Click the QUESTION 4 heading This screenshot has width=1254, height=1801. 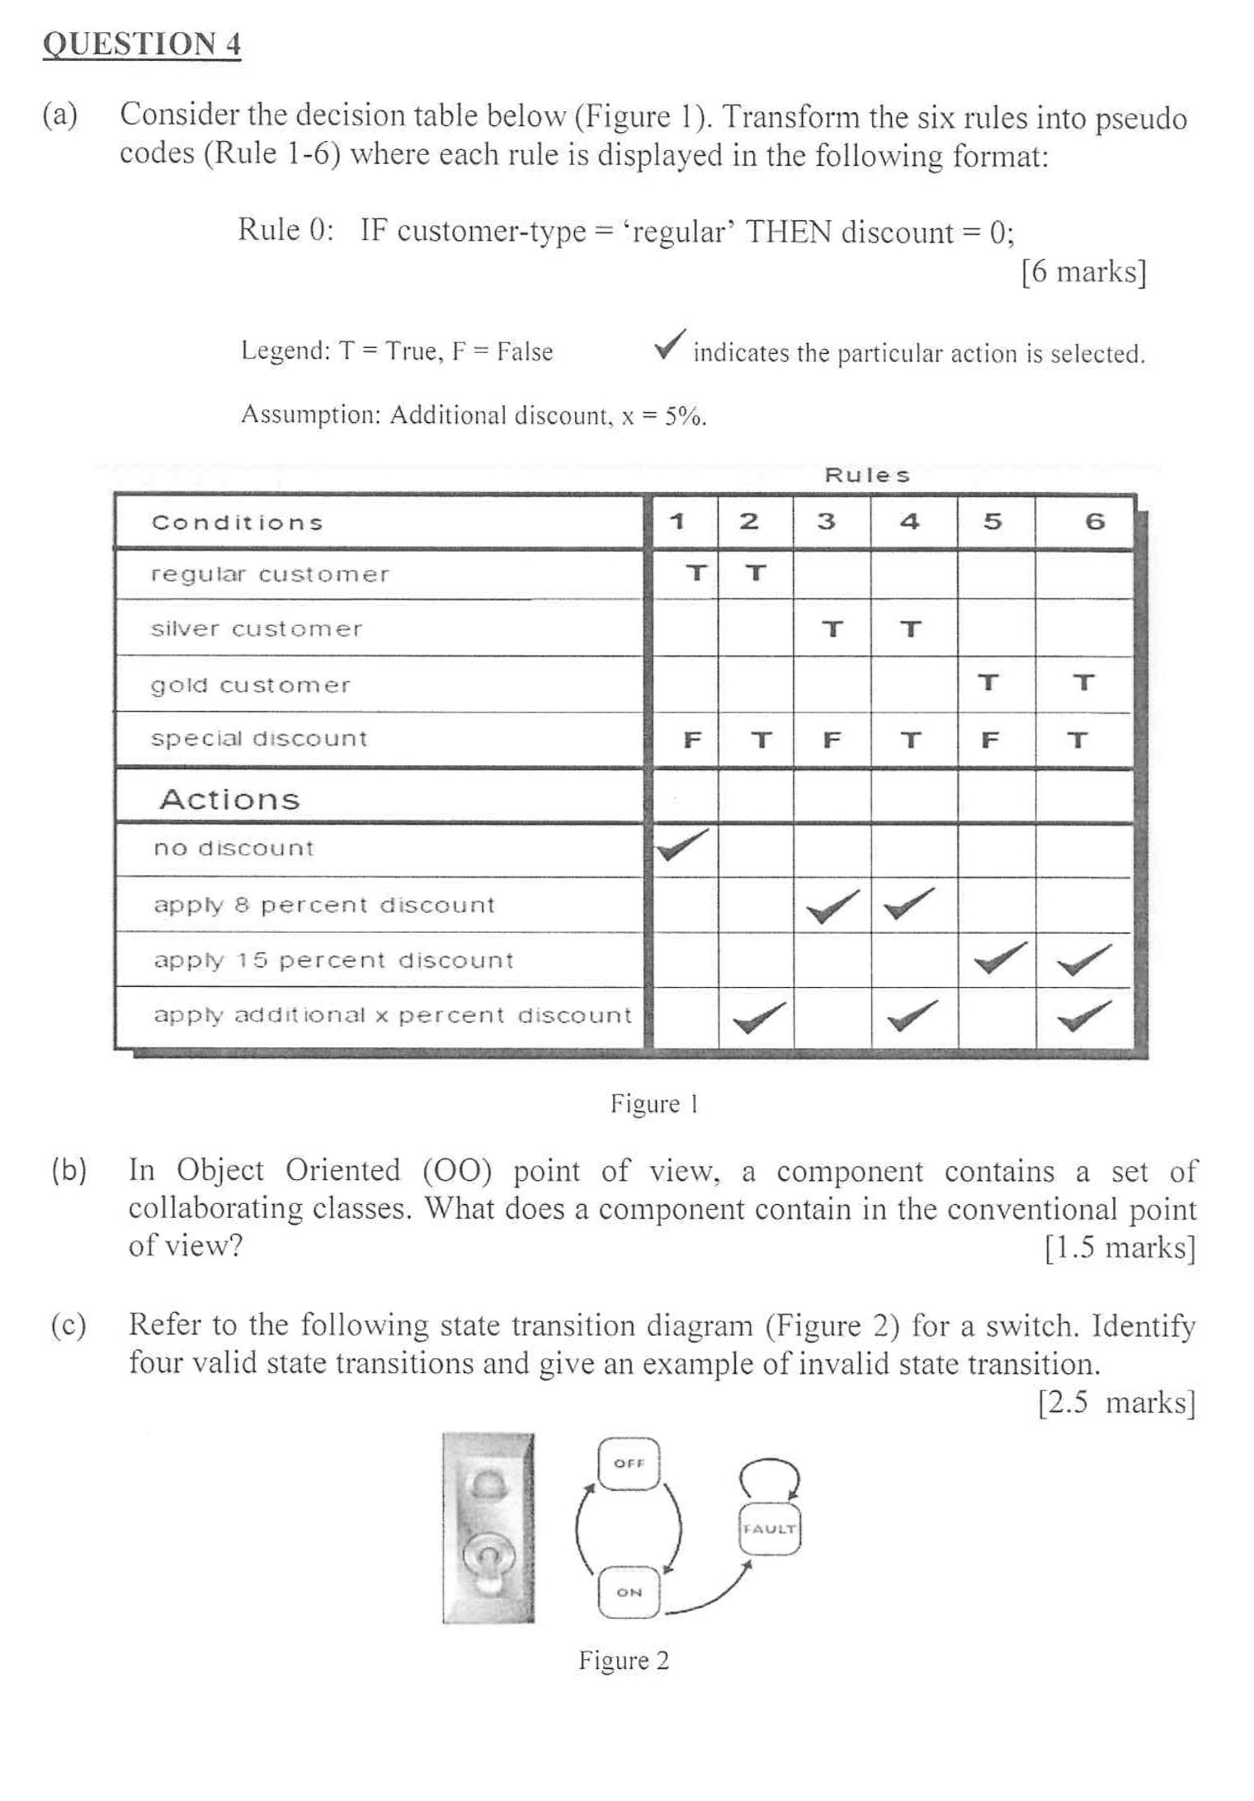[x=141, y=44]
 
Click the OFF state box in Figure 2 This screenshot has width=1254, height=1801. [x=629, y=1464]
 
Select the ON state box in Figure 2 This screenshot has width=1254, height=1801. [x=629, y=1592]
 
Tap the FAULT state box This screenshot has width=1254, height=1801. [x=769, y=1529]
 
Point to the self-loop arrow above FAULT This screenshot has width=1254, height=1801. [x=769, y=1476]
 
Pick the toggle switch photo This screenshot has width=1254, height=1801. [x=488, y=1527]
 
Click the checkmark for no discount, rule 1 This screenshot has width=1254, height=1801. [x=682, y=844]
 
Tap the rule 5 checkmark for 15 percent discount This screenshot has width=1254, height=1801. [x=1000, y=958]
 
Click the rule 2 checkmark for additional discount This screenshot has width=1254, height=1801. [x=758, y=1016]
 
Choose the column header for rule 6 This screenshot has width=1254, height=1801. [x=1095, y=521]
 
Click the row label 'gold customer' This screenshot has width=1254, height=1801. [x=250, y=685]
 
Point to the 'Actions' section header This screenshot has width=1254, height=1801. [x=229, y=799]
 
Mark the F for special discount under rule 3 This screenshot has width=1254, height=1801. [x=832, y=741]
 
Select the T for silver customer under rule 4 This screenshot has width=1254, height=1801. [x=910, y=630]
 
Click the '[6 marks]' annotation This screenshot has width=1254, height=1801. [x=1083, y=271]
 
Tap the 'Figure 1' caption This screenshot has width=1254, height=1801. [x=654, y=1103]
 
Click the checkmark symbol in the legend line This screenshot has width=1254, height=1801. [x=670, y=345]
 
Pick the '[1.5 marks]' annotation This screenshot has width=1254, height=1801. [x=1120, y=1248]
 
